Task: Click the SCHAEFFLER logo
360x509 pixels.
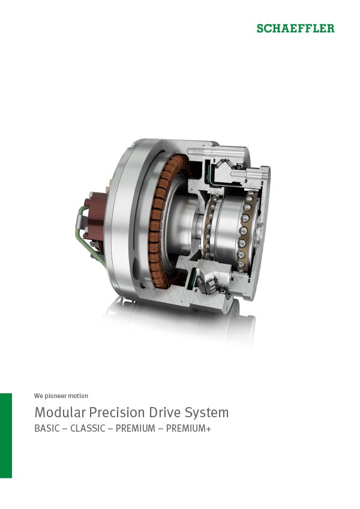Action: click(295, 28)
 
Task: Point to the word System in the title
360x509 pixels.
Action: click(207, 413)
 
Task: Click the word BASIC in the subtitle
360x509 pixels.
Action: click(47, 429)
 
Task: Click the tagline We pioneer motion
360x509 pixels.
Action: click(61, 396)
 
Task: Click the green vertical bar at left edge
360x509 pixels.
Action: click(5, 435)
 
